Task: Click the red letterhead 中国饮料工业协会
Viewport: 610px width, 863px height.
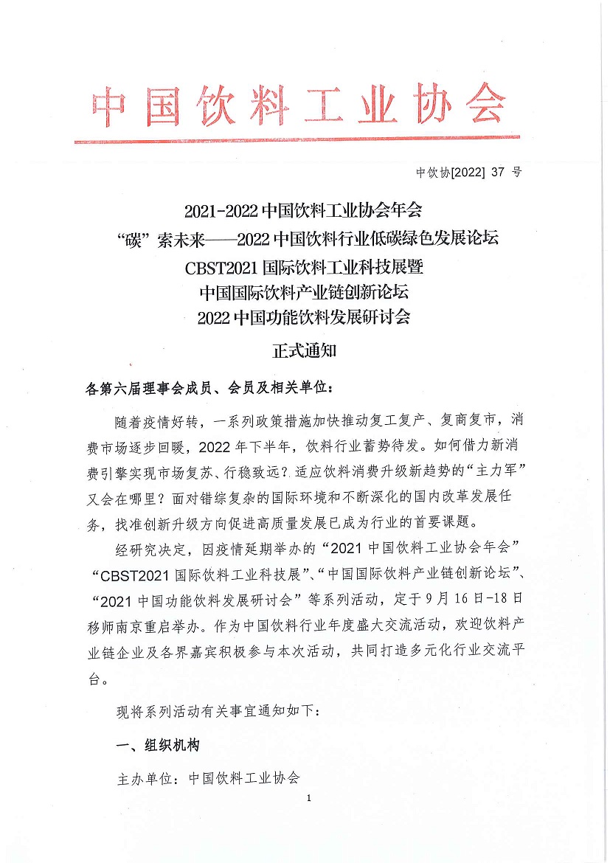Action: (299, 108)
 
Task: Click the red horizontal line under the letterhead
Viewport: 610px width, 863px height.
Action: (297, 139)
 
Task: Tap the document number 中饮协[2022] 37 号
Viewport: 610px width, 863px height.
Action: (468, 173)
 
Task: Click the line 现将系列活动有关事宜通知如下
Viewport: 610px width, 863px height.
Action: (219, 712)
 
